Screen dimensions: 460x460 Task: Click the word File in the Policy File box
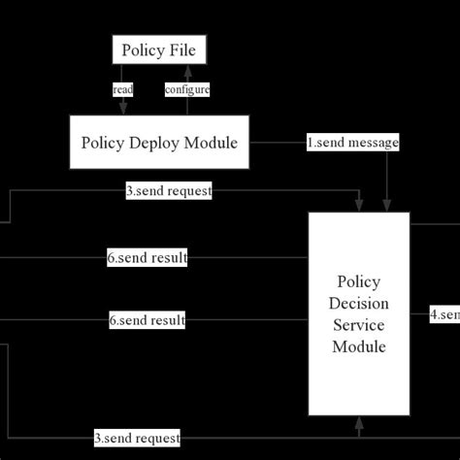184,49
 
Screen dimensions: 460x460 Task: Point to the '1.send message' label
353,142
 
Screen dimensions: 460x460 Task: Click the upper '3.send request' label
168,191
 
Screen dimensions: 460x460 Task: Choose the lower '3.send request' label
137,438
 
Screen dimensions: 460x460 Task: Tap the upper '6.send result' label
147,258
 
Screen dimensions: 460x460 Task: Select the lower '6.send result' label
147,319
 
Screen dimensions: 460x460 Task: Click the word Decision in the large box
359,304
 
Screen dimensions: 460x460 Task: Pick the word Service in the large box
359,325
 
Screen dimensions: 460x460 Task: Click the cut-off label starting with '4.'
444,314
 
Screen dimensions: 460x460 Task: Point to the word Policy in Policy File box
144,49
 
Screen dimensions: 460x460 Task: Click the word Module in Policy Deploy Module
215,143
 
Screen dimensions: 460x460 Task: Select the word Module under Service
359,346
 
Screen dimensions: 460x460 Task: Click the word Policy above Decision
359,282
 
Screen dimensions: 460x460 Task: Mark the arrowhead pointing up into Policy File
187,69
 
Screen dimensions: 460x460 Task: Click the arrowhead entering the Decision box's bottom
359,423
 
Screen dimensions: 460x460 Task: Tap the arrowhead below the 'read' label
123,109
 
